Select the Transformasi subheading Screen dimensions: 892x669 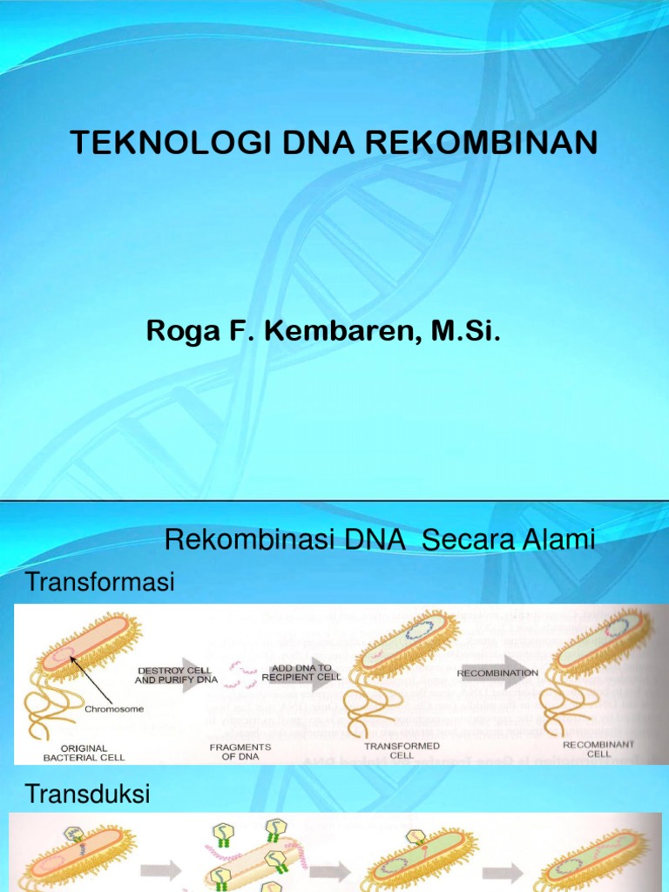pos(100,581)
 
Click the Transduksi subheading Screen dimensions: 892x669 pos(88,794)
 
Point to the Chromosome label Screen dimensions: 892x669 pos(113,708)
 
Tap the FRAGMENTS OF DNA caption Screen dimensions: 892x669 pos(240,751)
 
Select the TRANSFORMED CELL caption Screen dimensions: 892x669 pos(401,751)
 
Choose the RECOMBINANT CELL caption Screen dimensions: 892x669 pos(598,749)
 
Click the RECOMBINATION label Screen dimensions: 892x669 pos(497,672)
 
